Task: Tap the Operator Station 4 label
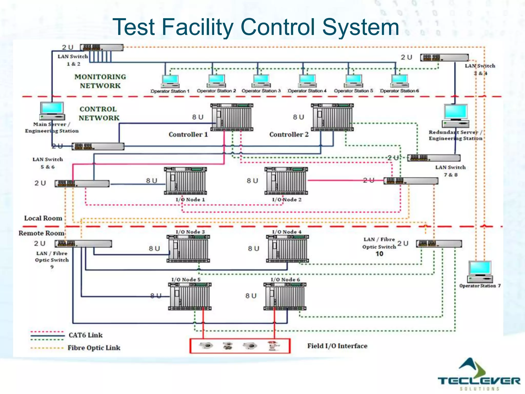coord(307,91)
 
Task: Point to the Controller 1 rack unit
coord(232,117)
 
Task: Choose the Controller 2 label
coord(289,134)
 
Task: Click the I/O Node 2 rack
coord(286,181)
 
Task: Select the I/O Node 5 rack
coord(190,296)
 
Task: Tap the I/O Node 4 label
coord(287,232)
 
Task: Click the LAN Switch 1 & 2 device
coord(102,47)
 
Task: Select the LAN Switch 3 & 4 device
coord(444,57)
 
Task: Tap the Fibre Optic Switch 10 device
coord(439,243)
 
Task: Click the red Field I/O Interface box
coord(240,346)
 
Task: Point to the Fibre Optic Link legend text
coord(94,348)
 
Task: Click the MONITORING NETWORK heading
coord(100,81)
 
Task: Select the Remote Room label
coord(41,233)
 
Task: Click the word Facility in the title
coord(197,27)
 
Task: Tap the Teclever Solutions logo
coord(478,375)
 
